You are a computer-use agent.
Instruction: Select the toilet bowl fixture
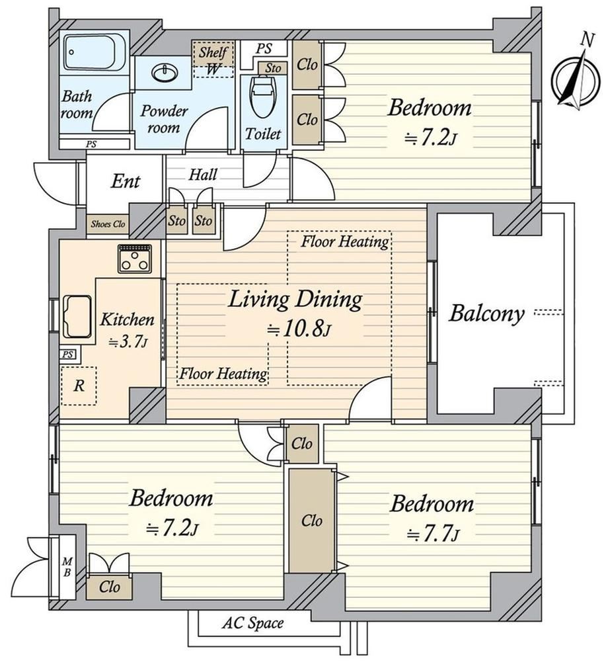click(x=263, y=97)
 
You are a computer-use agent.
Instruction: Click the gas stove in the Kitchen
click(x=135, y=259)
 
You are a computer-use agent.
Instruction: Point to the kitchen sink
click(x=77, y=316)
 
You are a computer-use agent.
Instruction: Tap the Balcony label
click(x=486, y=314)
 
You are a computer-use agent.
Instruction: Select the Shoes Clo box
click(x=108, y=224)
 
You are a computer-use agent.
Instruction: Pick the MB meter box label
click(x=67, y=567)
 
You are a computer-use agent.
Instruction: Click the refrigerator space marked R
click(x=79, y=386)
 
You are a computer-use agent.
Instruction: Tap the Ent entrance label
click(x=125, y=181)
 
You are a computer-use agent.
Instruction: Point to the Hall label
click(x=203, y=175)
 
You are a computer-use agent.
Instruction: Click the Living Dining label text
click(x=295, y=300)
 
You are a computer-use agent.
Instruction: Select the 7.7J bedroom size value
click(x=433, y=534)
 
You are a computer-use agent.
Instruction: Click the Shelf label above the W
click(x=213, y=53)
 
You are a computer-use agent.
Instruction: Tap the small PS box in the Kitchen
click(x=68, y=355)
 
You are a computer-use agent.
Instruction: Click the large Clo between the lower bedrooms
click(x=311, y=521)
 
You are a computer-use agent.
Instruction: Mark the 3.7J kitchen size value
click(x=128, y=343)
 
